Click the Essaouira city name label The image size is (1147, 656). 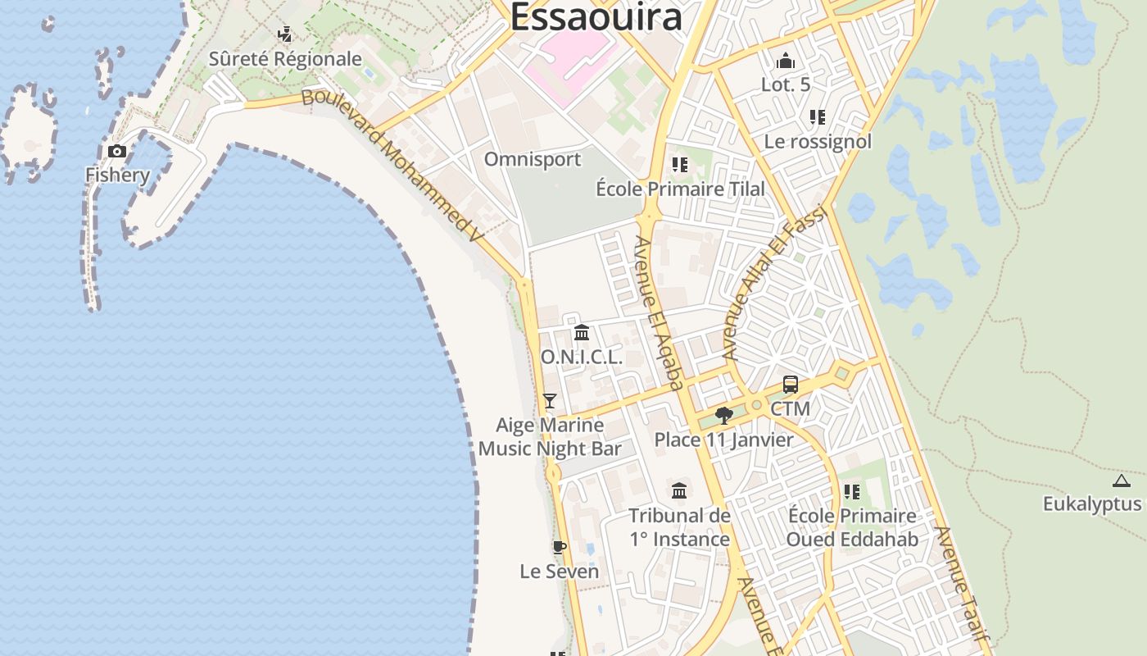(596, 16)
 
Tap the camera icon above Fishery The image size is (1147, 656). (117, 151)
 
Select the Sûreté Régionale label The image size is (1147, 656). (285, 59)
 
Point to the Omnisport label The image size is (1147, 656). (533, 159)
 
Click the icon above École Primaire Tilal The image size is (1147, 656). (679, 165)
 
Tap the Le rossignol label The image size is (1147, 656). (818, 141)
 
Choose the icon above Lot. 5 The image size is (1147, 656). (785, 61)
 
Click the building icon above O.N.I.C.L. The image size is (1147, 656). (582, 333)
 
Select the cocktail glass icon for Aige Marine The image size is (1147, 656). (550, 401)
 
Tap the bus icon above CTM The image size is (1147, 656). (790, 384)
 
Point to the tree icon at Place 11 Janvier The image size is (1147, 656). (723, 416)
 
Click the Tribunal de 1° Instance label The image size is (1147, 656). (679, 527)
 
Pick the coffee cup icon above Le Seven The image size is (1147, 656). (560, 547)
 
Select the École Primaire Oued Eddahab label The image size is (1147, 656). (852, 527)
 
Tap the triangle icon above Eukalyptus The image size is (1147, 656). (1122, 481)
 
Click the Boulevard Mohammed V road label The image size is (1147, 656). (392, 164)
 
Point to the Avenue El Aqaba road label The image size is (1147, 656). (660, 312)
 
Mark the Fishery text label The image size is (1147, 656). (118, 175)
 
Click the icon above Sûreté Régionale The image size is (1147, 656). (285, 34)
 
